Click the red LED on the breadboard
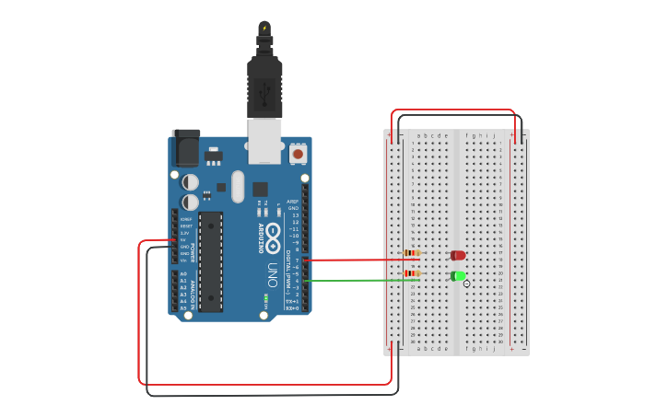(x=458, y=255)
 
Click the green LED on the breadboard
(x=458, y=276)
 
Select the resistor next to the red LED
(x=412, y=253)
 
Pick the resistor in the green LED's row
(x=412, y=273)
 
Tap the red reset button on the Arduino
(x=298, y=154)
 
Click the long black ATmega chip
(x=211, y=261)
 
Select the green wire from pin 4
(x=369, y=279)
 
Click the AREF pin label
(x=293, y=201)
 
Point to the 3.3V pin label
(x=184, y=233)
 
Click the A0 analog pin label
(x=183, y=274)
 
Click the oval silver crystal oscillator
(x=238, y=186)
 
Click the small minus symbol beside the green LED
(x=467, y=284)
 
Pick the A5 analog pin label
(x=183, y=307)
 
